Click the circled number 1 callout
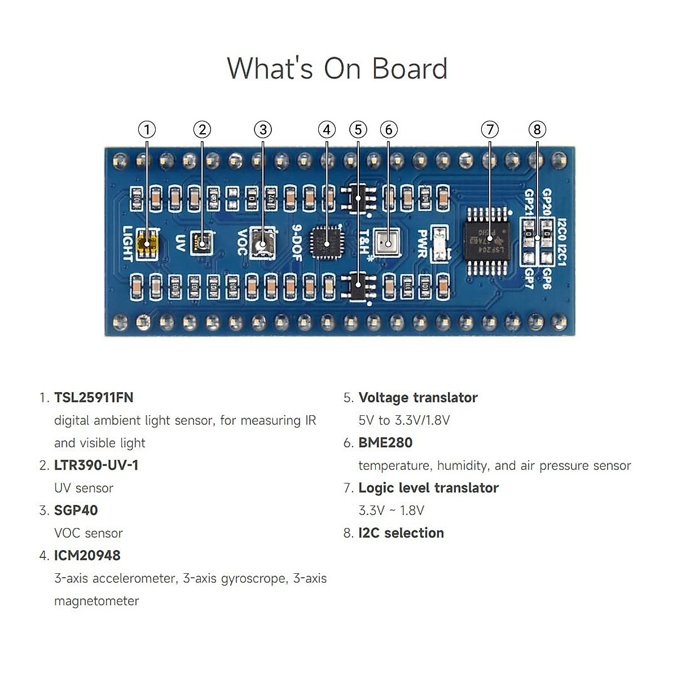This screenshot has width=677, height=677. coord(147,130)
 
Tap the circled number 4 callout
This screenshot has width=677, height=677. coord(327,130)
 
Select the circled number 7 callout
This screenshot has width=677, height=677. coord(490,130)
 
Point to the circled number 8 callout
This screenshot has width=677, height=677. coord(537,130)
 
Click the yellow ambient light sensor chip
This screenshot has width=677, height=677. coord(147,244)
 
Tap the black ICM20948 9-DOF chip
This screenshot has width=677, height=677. coord(327,243)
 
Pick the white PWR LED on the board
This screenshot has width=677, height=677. coord(439,244)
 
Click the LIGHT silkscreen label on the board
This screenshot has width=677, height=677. coord(128,244)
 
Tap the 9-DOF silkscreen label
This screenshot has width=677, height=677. coord(297,243)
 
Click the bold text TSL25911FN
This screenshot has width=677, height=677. coord(94,398)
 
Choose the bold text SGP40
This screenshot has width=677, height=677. coord(76,511)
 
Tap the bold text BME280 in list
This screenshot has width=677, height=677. coord(385,443)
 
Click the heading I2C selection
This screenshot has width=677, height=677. coord(401,533)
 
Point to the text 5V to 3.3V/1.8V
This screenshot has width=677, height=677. coord(404,420)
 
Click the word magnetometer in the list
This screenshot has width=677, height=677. coord(96,601)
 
